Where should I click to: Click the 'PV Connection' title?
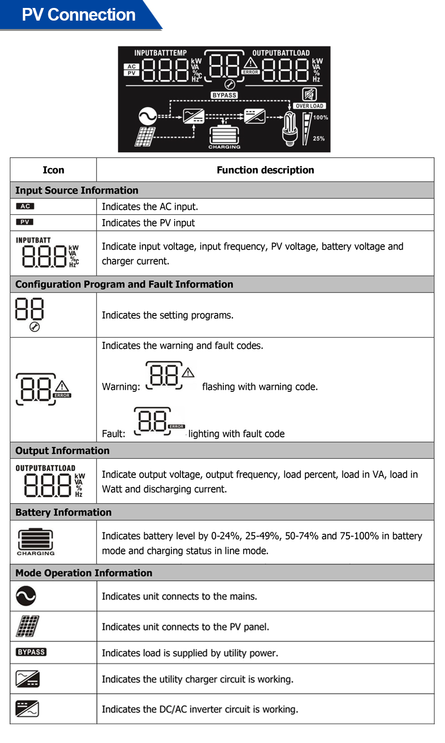click(x=78, y=15)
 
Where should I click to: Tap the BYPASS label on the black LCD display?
click(x=224, y=95)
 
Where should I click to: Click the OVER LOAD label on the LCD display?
click(x=309, y=106)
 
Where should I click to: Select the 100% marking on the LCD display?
click(x=320, y=118)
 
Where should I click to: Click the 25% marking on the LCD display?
click(x=319, y=139)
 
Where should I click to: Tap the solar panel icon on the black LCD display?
click(x=145, y=137)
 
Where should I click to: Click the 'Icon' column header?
click(x=53, y=170)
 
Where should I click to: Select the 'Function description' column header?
click(x=265, y=170)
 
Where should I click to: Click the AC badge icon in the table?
click(x=25, y=206)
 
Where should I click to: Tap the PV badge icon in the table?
click(x=25, y=222)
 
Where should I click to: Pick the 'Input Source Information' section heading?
click(x=77, y=191)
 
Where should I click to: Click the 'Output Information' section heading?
click(x=62, y=450)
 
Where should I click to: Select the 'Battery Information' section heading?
click(x=63, y=512)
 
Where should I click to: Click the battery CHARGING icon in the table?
click(x=35, y=541)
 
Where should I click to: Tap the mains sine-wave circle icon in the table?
click(x=26, y=596)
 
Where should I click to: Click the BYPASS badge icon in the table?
click(x=31, y=652)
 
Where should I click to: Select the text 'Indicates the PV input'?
click(x=148, y=223)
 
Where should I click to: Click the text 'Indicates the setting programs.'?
click(x=167, y=315)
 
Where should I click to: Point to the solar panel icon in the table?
click(x=28, y=626)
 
